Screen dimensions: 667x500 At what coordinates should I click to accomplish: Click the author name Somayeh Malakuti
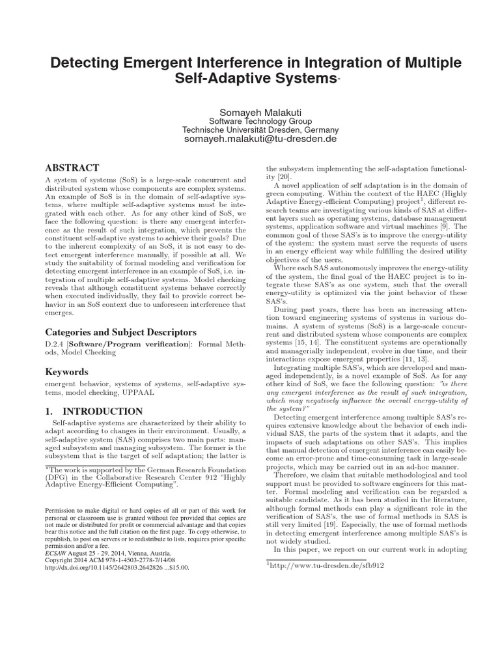(250, 111)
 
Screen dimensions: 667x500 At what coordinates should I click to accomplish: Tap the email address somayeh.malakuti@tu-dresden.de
(250, 139)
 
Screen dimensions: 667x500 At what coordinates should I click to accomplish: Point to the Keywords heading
(67, 372)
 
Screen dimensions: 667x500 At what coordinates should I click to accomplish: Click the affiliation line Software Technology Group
(250, 121)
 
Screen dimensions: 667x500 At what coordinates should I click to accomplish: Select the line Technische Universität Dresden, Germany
(250, 130)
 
